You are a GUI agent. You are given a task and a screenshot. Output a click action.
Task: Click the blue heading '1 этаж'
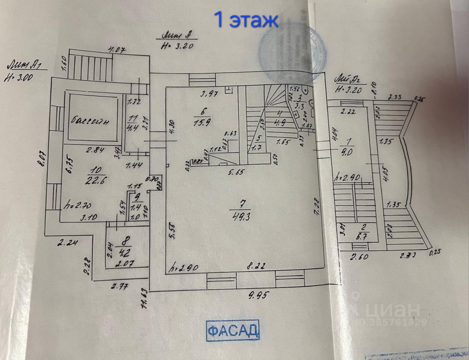point(246,20)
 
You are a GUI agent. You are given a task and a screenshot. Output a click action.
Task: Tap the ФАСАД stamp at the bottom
point(233,330)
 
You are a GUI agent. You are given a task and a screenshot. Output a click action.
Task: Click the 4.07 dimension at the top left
point(117,49)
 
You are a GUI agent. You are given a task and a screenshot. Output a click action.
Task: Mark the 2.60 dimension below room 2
point(360,257)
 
